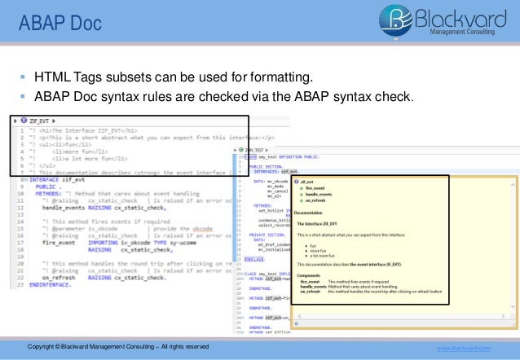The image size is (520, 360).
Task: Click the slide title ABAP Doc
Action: point(60,23)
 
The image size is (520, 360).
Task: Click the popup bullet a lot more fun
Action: point(321,255)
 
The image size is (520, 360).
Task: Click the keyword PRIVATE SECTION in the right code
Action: point(269,235)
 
